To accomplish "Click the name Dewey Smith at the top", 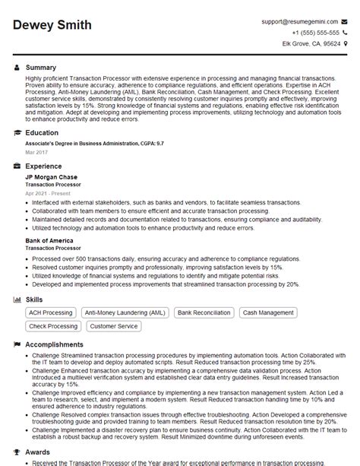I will click(52, 26).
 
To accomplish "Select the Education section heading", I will click(43, 132).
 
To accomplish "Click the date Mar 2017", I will click(35, 151).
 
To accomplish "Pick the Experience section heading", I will click(43, 166).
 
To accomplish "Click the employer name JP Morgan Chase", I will click(51, 176).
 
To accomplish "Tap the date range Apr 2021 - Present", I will click(47, 193).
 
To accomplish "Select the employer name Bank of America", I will click(49, 240).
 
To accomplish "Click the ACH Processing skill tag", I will click(51, 312).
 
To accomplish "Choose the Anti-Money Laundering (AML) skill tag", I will click(125, 312).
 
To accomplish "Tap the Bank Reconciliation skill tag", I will click(204, 312).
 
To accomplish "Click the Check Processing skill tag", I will click(52, 326).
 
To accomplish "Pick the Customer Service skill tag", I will click(114, 326).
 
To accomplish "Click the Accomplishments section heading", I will click(55, 344).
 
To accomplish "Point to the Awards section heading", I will click(38, 451).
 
